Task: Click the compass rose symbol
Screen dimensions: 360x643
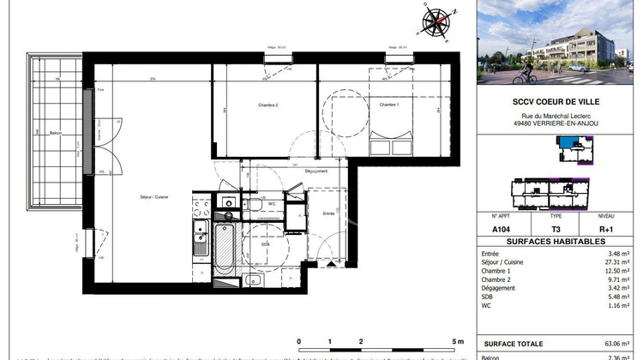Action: [x=438, y=20]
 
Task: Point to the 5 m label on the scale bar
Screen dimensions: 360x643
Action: [x=458, y=341]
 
